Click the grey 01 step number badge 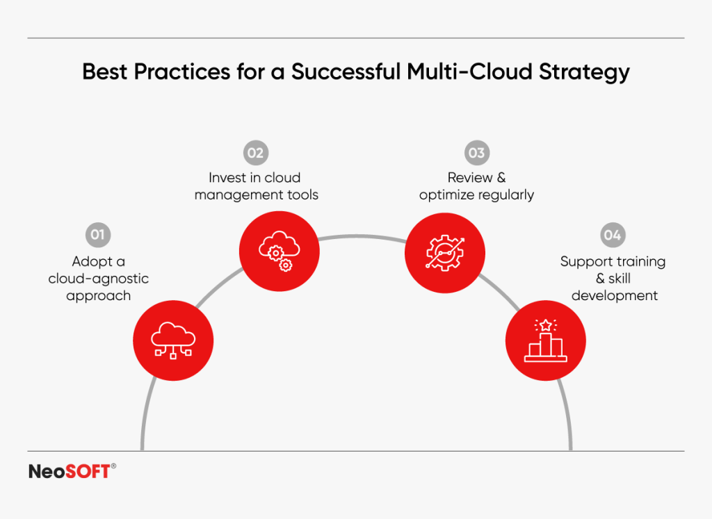(97, 235)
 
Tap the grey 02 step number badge (256, 152)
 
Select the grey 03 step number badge (476, 152)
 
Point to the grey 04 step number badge (612, 235)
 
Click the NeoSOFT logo (69, 472)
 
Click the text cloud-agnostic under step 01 (98, 279)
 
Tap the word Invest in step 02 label (228, 178)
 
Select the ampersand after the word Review (501, 178)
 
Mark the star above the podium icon (545, 324)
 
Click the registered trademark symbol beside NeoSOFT (113, 467)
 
